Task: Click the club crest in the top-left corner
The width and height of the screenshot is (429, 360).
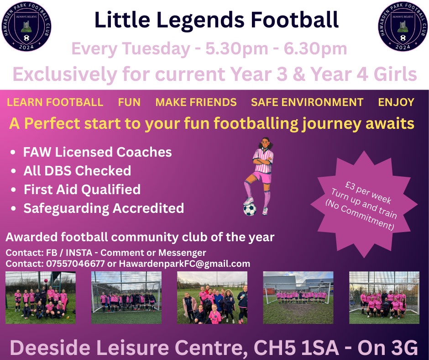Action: (x=26, y=26)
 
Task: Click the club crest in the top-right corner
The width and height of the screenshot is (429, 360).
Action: (x=403, y=26)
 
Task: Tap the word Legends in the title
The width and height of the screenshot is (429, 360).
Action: (x=201, y=21)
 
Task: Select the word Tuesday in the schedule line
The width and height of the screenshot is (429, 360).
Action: (x=156, y=49)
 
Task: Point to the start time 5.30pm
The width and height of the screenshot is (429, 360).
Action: (x=237, y=49)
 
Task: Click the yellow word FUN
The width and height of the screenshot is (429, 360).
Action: (x=129, y=102)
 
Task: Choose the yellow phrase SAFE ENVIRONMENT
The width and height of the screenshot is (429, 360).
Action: (x=307, y=102)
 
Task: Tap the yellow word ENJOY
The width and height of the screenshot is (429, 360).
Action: (x=396, y=102)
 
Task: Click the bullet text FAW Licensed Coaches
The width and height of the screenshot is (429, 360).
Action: (x=97, y=152)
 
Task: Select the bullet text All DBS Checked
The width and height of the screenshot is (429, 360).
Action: (x=77, y=171)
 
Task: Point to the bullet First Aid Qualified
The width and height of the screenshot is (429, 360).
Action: (x=82, y=190)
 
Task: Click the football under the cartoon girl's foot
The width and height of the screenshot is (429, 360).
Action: (x=250, y=209)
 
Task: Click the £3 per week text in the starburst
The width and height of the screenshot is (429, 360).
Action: (x=368, y=192)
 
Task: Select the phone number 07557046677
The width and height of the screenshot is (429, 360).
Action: (x=75, y=264)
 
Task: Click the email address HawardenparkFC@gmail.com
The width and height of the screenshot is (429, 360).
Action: (x=184, y=264)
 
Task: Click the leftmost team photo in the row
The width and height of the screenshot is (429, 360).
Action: (x=41, y=297)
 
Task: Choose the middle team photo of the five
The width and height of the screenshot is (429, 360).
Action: (x=212, y=297)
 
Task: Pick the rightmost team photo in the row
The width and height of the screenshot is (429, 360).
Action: (x=384, y=297)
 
